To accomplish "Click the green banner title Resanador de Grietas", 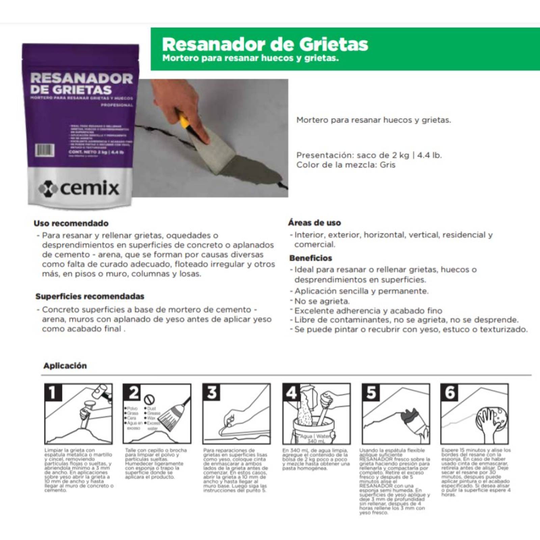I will (265, 44).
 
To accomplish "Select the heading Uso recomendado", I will (71, 223).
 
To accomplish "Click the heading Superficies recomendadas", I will (90, 297).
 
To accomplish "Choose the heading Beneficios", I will (310, 258).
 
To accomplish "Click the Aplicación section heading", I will (65, 366).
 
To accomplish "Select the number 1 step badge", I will (53, 393).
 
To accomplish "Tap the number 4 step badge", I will (291, 393).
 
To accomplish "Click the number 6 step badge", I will (450, 393).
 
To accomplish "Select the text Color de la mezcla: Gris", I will (346, 165).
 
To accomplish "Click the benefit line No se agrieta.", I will (322, 301).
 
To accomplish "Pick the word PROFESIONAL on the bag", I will (117, 105).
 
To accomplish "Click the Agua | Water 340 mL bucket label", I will (314, 439).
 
